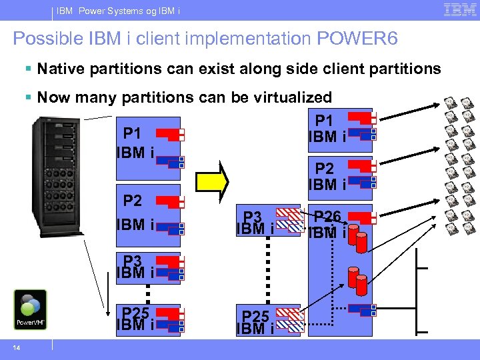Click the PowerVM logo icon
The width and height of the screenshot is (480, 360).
[x=31, y=309]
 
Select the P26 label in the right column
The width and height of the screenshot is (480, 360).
[x=327, y=216]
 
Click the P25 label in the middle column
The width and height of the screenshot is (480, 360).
[x=255, y=315]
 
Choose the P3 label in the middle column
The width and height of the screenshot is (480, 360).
[x=253, y=215]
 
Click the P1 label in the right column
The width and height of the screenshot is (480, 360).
[x=324, y=120]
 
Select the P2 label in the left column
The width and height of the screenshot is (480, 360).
[x=133, y=201]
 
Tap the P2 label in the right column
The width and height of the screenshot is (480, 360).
[x=324, y=168]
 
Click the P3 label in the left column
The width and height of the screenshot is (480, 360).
[x=132, y=259]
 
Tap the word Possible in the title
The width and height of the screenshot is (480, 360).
[x=44, y=39]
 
